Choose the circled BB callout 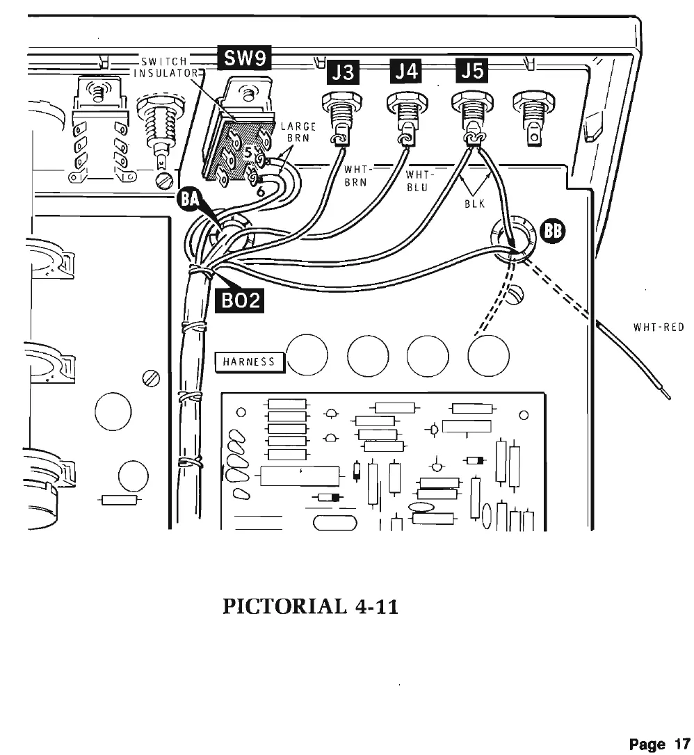click(554, 232)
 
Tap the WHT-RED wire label click(659, 326)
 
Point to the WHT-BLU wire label click(416, 179)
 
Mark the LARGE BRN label click(298, 133)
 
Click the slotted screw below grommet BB click(516, 298)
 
